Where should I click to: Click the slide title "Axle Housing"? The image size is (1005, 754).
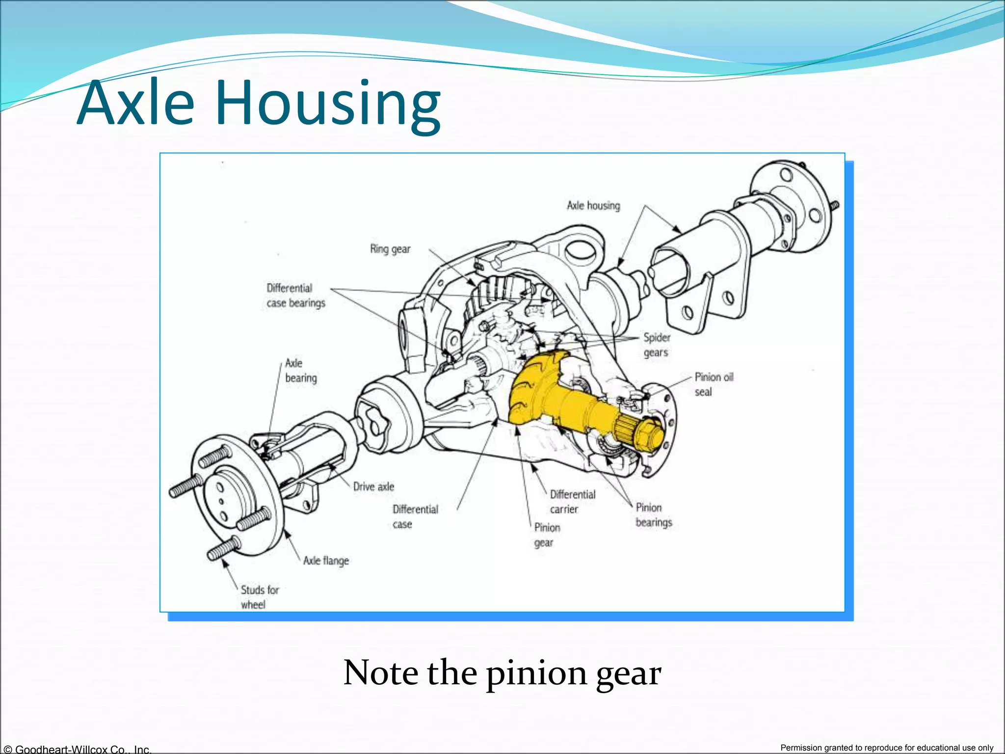[259, 103]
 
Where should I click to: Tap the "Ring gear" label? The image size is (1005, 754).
[390, 249]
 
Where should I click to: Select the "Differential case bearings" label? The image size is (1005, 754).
[295, 296]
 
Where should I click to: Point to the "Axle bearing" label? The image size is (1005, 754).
[300, 371]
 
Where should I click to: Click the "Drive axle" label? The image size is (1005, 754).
[373, 486]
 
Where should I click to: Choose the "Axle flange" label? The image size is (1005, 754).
[326, 561]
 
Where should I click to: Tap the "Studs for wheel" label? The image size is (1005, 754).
[259, 597]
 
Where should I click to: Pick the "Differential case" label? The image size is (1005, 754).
[415, 516]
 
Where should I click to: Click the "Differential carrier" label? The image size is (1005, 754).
[572, 502]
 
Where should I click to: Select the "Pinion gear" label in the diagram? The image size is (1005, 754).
[547, 535]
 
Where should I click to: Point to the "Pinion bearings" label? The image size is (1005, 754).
[653, 515]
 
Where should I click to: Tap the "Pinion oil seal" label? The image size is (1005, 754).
[714, 384]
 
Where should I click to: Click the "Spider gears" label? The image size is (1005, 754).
[657, 345]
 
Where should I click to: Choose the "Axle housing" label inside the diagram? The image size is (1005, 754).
[593, 206]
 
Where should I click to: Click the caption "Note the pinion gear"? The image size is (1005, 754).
[502, 673]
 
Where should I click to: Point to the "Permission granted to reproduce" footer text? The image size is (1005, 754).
[887, 748]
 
